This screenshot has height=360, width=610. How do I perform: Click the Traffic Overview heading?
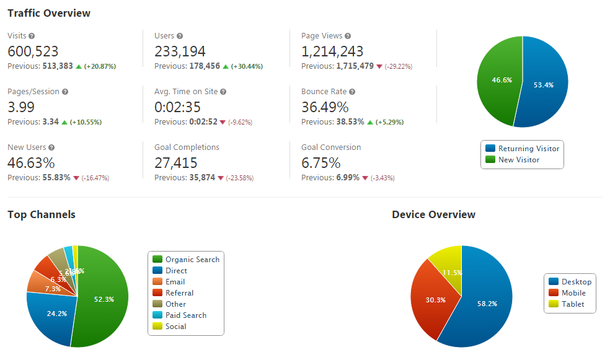pos(49,13)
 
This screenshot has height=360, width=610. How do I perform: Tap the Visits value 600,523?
pos(33,51)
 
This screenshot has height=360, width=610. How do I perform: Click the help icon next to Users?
pos(180,36)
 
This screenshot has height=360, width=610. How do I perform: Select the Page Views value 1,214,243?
pos(332,51)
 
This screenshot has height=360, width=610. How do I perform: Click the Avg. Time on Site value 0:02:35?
pos(177,107)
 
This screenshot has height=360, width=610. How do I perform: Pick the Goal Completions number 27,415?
pos(176,163)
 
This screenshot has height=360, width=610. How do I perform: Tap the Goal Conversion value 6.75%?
pos(321,163)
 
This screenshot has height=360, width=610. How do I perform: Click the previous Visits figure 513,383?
pos(58,66)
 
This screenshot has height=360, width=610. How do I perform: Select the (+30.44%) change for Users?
pos(247,66)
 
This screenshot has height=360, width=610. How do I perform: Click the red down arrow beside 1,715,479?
pos(379,66)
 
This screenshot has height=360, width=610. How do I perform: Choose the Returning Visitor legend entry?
pos(523,149)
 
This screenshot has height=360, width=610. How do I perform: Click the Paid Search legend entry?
pos(185,315)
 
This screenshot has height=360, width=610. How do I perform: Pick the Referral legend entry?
pos(179,293)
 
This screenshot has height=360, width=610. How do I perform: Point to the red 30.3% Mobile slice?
pos(433,300)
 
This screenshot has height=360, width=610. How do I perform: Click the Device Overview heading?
pos(433,215)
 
